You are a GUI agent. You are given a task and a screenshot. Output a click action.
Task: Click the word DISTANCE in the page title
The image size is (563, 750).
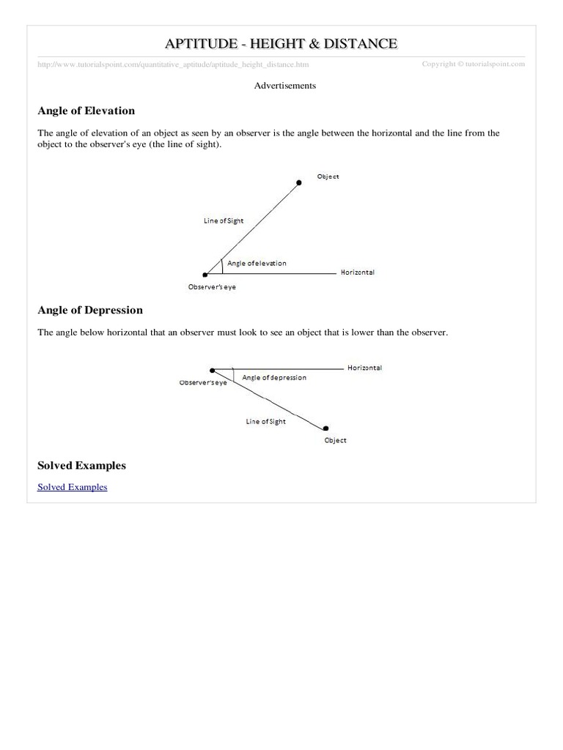356,44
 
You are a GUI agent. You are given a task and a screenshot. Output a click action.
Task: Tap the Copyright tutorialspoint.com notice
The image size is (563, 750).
473,64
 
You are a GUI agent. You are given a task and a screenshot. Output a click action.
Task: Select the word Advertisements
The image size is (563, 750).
284,86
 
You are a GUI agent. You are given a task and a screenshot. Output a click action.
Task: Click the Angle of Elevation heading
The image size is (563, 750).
86,111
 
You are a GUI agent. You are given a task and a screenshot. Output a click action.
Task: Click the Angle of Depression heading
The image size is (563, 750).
89,310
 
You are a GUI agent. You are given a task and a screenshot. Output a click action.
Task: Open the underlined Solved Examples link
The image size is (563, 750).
72,486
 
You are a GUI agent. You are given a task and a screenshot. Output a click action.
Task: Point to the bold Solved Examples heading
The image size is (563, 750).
81,465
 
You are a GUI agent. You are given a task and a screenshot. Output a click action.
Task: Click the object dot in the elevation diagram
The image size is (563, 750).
298,182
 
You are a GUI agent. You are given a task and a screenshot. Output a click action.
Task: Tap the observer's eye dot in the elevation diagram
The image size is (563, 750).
205,275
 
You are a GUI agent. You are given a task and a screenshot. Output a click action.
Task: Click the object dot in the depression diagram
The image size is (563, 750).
325,428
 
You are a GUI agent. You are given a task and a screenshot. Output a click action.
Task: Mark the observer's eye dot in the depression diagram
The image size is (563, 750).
212,370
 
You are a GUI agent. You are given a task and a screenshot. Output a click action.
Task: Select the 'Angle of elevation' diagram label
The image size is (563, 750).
257,263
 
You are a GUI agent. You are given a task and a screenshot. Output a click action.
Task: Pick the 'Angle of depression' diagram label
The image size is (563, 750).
274,377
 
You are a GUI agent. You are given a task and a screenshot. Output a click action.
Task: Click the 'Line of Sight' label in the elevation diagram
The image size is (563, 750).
224,220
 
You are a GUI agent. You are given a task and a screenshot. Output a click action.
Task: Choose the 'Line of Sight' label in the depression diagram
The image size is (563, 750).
265,421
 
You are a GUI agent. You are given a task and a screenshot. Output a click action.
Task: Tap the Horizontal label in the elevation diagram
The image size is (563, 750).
358,272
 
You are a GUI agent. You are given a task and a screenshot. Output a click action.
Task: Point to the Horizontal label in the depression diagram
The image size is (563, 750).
364,368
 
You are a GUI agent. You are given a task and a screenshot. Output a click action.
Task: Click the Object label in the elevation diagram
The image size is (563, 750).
328,177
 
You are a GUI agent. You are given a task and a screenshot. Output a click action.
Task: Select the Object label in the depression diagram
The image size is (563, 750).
335,440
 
